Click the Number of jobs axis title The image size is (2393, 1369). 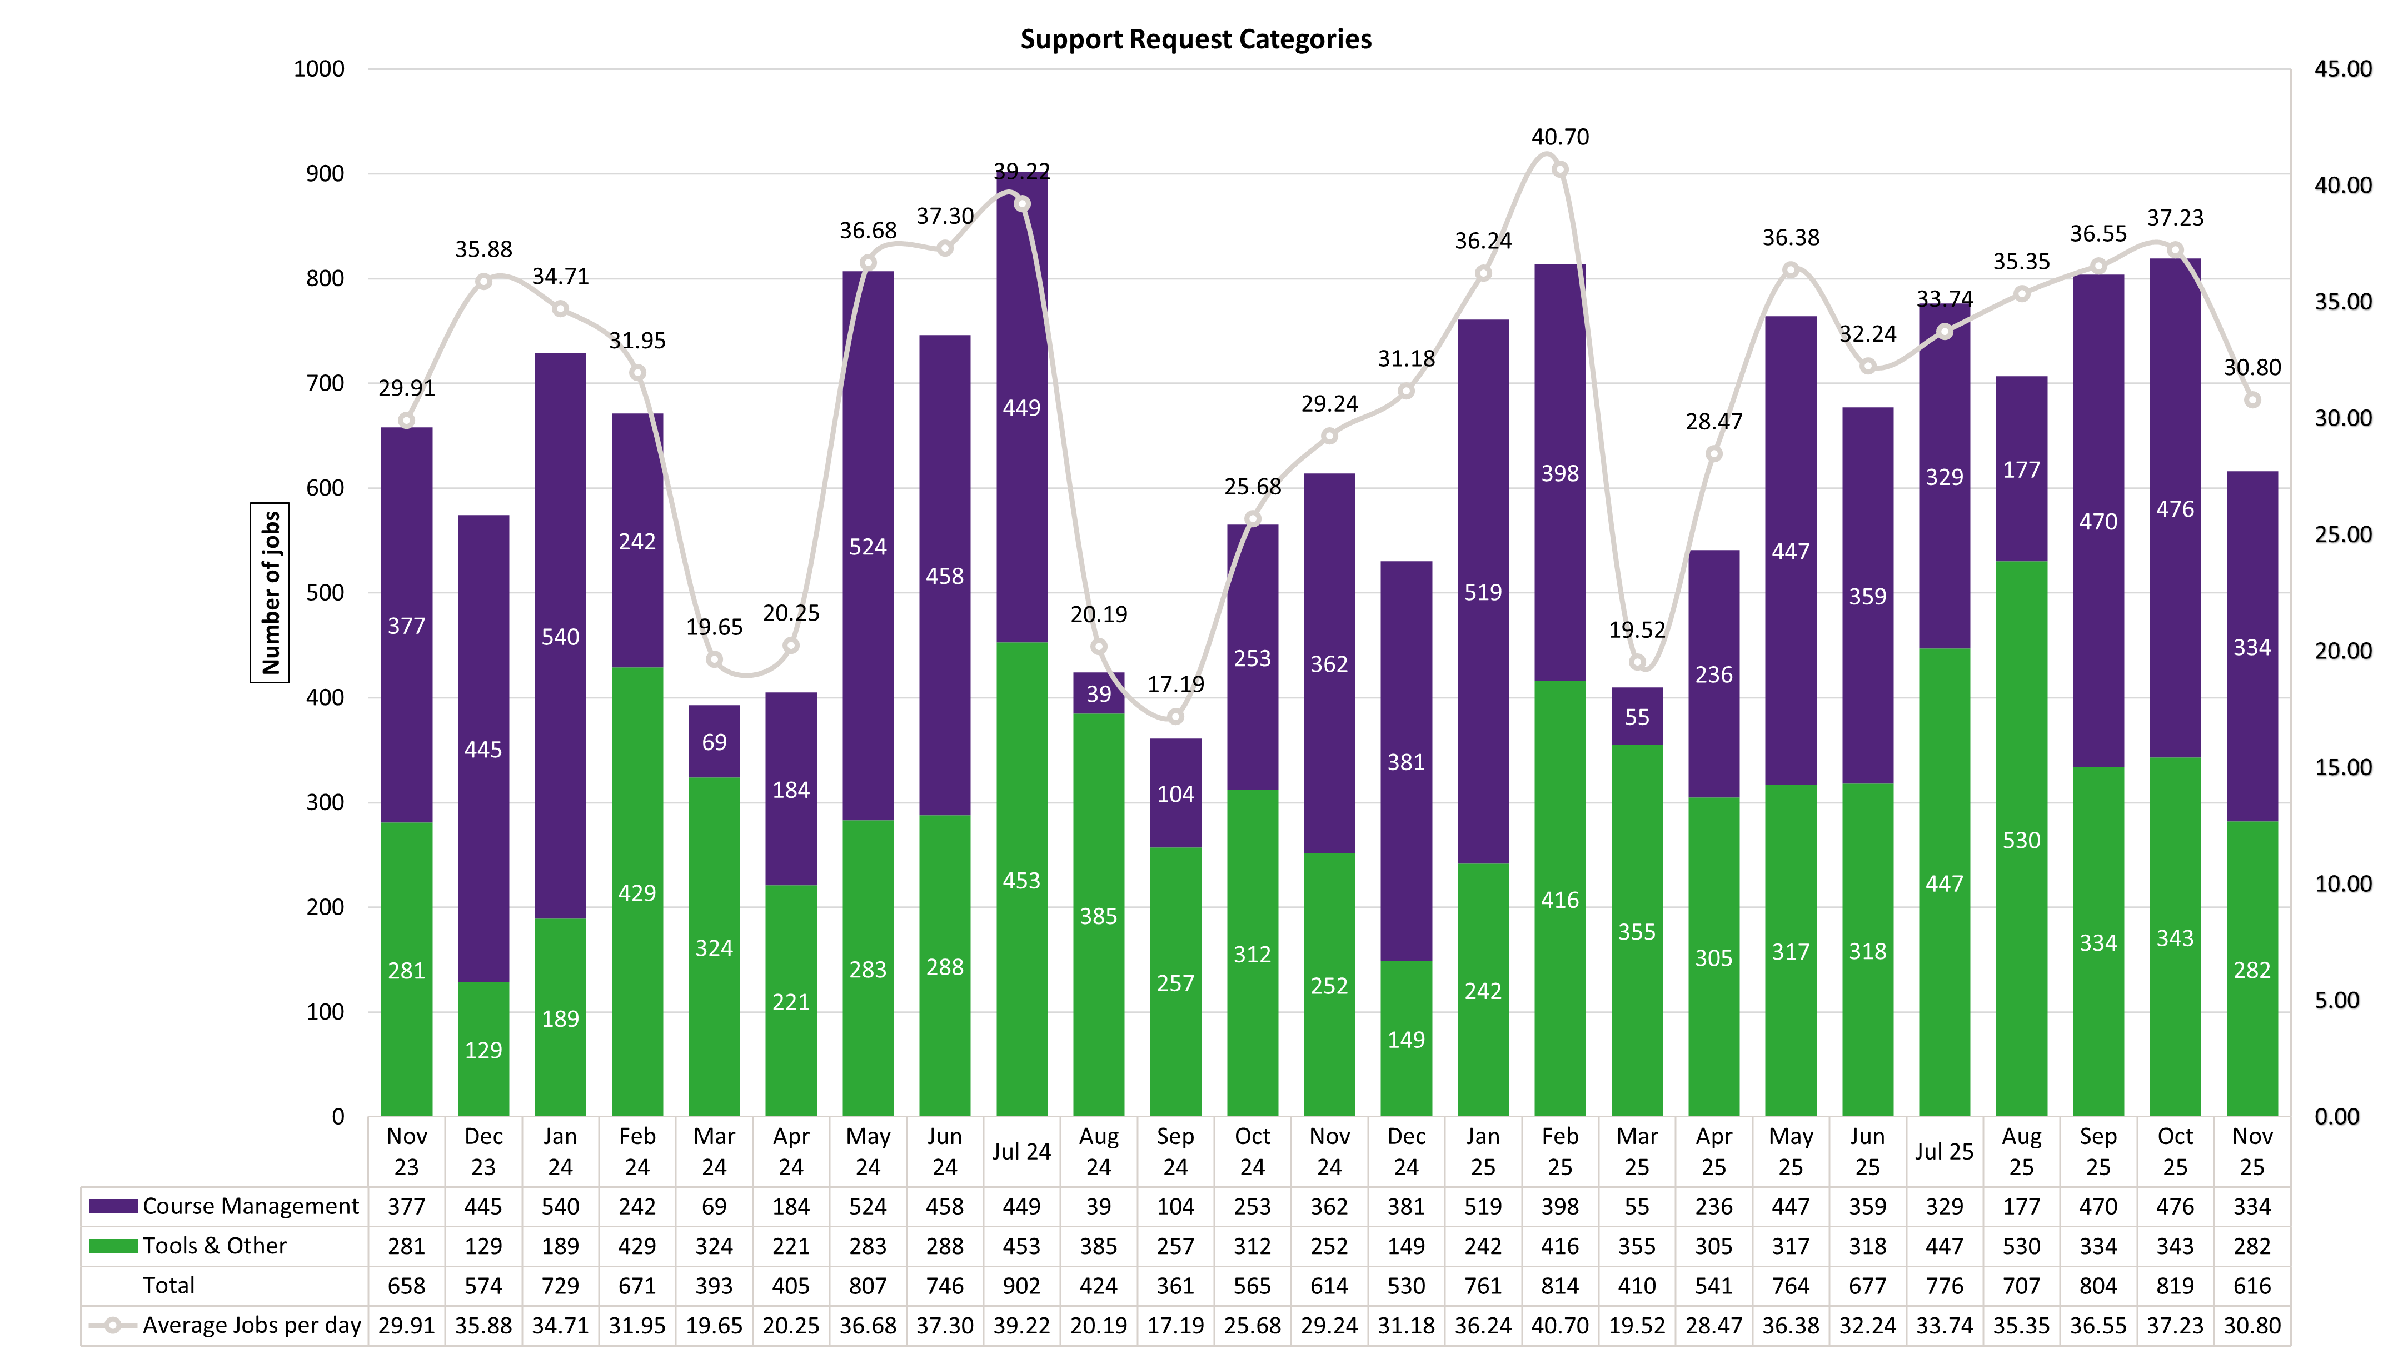(271, 592)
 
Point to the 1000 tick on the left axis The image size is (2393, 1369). (319, 69)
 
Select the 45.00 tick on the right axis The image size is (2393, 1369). (2342, 69)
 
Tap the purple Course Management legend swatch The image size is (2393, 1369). (113, 1206)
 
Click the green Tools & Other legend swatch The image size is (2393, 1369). (113, 1246)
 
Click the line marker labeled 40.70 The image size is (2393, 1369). (1560, 170)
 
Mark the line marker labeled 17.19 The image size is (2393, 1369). (1175, 717)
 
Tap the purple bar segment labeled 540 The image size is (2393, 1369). (560, 637)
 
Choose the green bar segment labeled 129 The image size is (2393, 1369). (483, 1050)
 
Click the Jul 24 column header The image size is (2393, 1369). (1021, 1152)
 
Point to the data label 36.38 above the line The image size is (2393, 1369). (1790, 238)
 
